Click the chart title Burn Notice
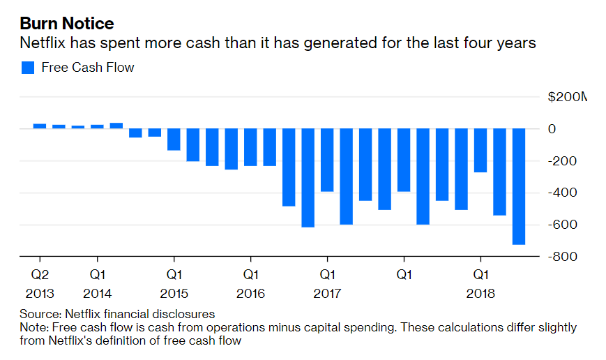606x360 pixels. coord(66,23)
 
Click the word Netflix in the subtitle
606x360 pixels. coord(43,43)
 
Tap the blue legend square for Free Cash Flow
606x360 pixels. coord(28,68)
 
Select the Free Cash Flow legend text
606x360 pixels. coord(88,68)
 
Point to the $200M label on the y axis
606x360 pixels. coord(567,97)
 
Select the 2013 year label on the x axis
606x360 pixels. coord(39,294)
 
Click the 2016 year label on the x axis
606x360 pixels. coord(250,294)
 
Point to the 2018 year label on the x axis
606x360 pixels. coord(480,294)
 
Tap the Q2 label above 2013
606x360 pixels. coord(39,275)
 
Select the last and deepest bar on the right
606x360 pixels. coord(519,187)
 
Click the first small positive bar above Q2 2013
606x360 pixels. coord(40,126)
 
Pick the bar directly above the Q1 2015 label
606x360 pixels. coord(174,140)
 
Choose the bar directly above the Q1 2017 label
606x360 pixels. coord(327,160)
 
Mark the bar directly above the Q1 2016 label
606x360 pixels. coord(250,147)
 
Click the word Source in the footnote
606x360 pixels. coord(36,314)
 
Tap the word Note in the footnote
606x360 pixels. coord(32,327)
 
